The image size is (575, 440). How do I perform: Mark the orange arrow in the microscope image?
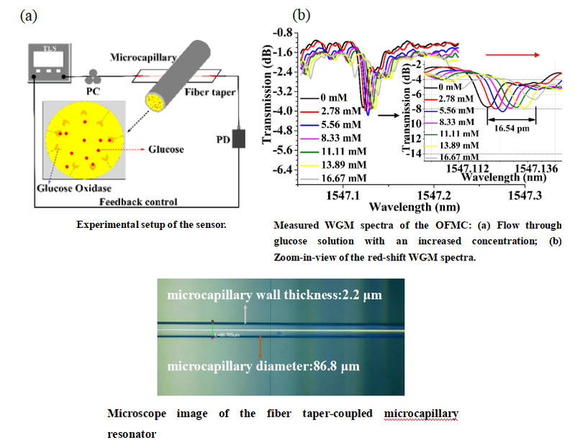coord(260,349)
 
